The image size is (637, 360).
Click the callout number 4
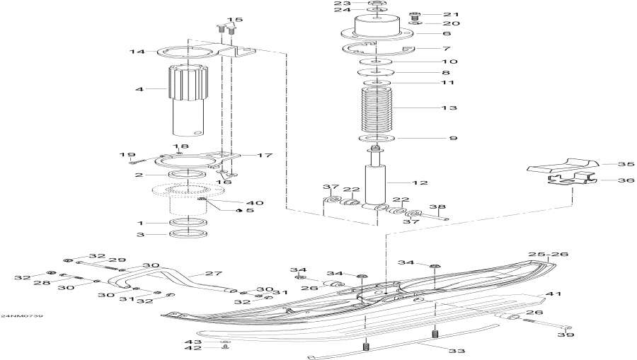pos(139,90)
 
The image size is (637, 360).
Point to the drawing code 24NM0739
pos(22,315)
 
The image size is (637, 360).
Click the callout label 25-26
pos(549,253)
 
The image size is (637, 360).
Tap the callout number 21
pos(451,14)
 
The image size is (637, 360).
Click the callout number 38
pos(438,208)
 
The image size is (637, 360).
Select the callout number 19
pos(127,155)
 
